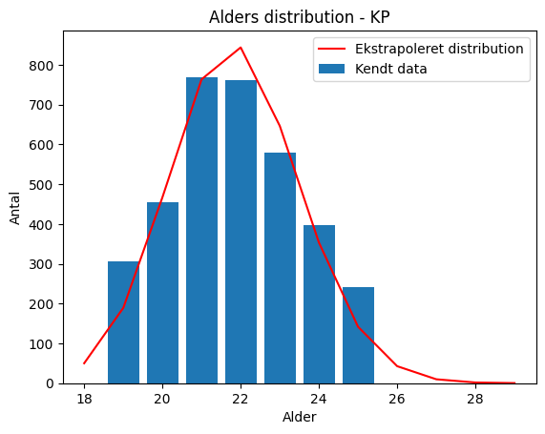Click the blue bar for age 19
point(123,322)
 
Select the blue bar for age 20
point(162,293)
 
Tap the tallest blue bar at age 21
point(202,231)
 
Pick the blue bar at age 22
point(241,232)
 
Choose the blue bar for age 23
point(281,268)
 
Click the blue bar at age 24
point(319,304)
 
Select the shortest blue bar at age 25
point(358,336)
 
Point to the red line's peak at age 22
point(241,48)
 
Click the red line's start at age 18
point(84,363)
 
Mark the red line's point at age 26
point(397,366)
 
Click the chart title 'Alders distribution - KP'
point(300,17)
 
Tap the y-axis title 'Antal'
point(15,208)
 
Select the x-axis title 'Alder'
point(300,417)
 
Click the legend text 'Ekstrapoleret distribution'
point(439,49)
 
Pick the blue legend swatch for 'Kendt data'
point(331,69)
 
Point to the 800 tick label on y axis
point(42,66)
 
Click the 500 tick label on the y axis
point(42,185)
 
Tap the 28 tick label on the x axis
point(475,399)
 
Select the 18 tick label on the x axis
point(84,399)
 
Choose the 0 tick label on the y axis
point(51,383)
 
